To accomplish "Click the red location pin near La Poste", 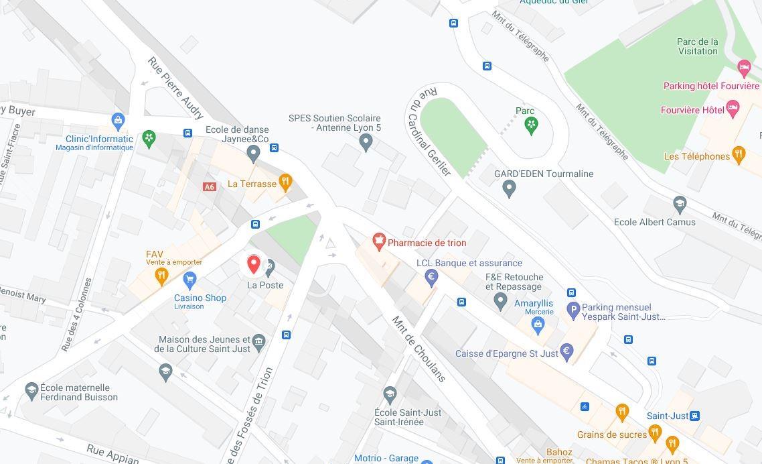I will point(253,264).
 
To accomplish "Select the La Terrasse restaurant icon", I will point(285,182).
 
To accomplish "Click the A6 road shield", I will point(210,187).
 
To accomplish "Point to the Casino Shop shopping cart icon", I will point(189,279).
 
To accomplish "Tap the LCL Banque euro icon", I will point(432,277).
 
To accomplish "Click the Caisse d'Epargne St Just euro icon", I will point(566,351).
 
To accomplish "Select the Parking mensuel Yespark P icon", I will point(573,310).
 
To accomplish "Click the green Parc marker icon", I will point(531,125).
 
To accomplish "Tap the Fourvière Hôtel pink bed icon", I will point(733,109).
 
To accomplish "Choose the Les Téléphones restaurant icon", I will point(739,155).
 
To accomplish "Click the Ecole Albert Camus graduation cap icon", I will point(680,204).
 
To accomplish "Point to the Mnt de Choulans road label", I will point(418,349).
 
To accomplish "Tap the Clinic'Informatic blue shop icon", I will point(119,121).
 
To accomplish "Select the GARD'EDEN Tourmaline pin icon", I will point(509,189).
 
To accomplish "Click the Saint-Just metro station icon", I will point(694,416).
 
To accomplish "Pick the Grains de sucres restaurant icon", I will point(655,433).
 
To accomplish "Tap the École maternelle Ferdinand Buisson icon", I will point(31,390).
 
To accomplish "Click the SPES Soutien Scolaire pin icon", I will point(366,142).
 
